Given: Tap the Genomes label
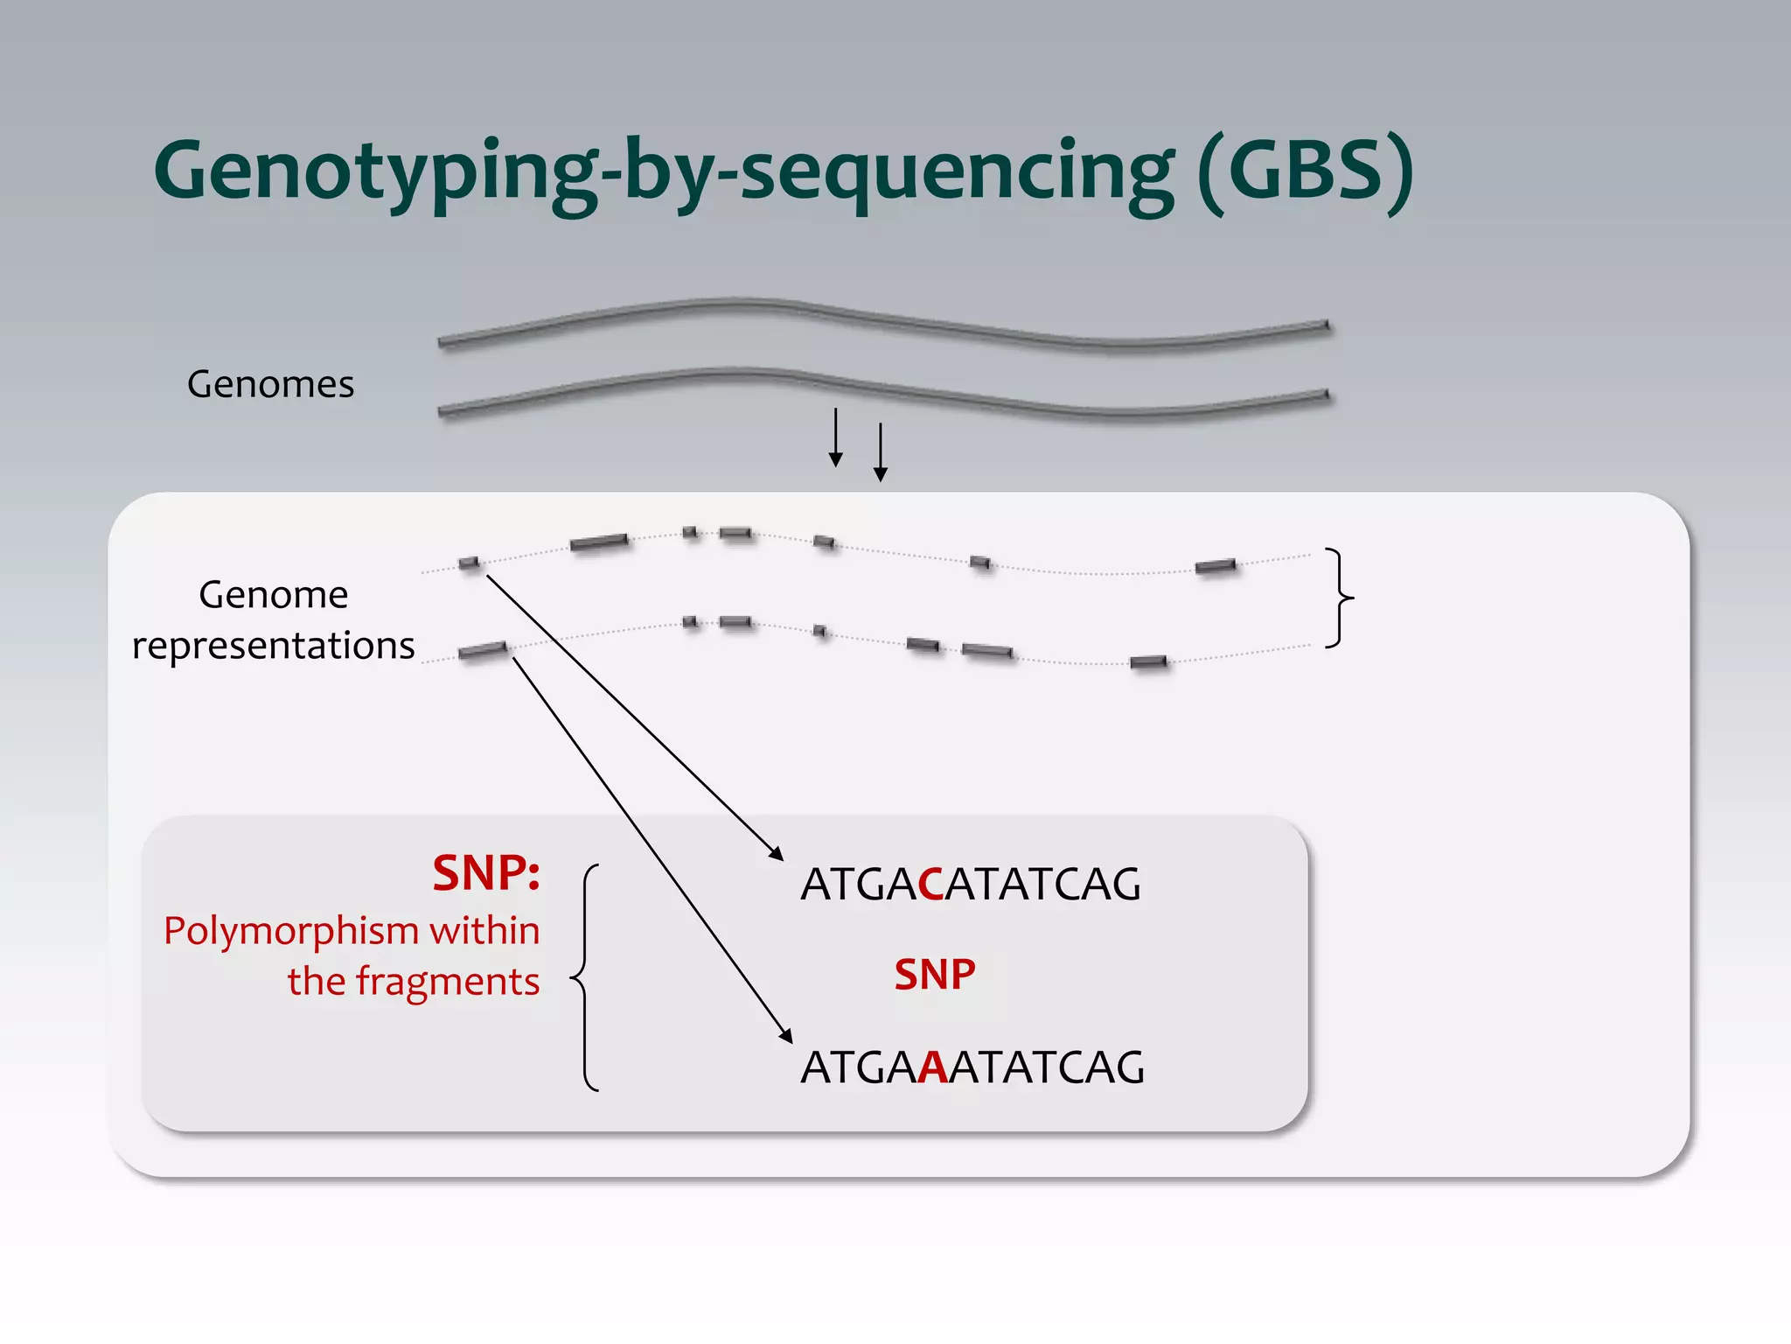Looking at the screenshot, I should (270, 384).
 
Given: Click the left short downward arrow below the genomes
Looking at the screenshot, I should (836, 437).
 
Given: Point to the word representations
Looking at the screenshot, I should (273, 646).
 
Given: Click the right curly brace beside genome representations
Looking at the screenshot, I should (1339, 598).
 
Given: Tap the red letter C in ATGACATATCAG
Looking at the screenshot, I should (930, 885).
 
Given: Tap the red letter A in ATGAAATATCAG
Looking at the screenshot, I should (933, 1067).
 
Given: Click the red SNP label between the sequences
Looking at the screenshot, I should (935, 975).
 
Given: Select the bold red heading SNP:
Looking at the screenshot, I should (486, 873).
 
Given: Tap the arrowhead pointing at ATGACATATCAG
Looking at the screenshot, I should (776, 854).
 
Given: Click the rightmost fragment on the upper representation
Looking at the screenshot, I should (1216, 567).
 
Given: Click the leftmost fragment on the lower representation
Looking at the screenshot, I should (483, 650).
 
